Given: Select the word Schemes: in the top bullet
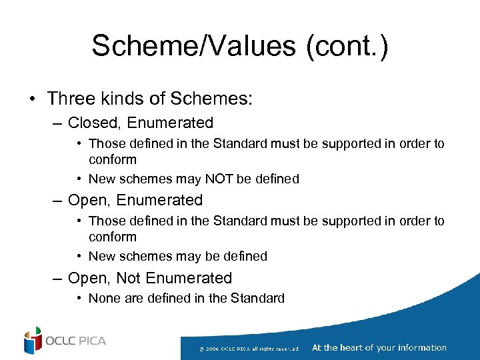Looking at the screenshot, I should click(x=211, y=99).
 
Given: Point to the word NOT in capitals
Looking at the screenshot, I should click(x=217, y=179).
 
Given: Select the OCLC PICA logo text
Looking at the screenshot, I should click(x=76, y=341).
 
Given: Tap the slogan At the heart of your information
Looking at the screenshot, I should click(x=379, y=347).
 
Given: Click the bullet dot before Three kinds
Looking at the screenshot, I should click(x=32, y=99).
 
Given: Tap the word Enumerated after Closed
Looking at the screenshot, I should click(x=170, y=123).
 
